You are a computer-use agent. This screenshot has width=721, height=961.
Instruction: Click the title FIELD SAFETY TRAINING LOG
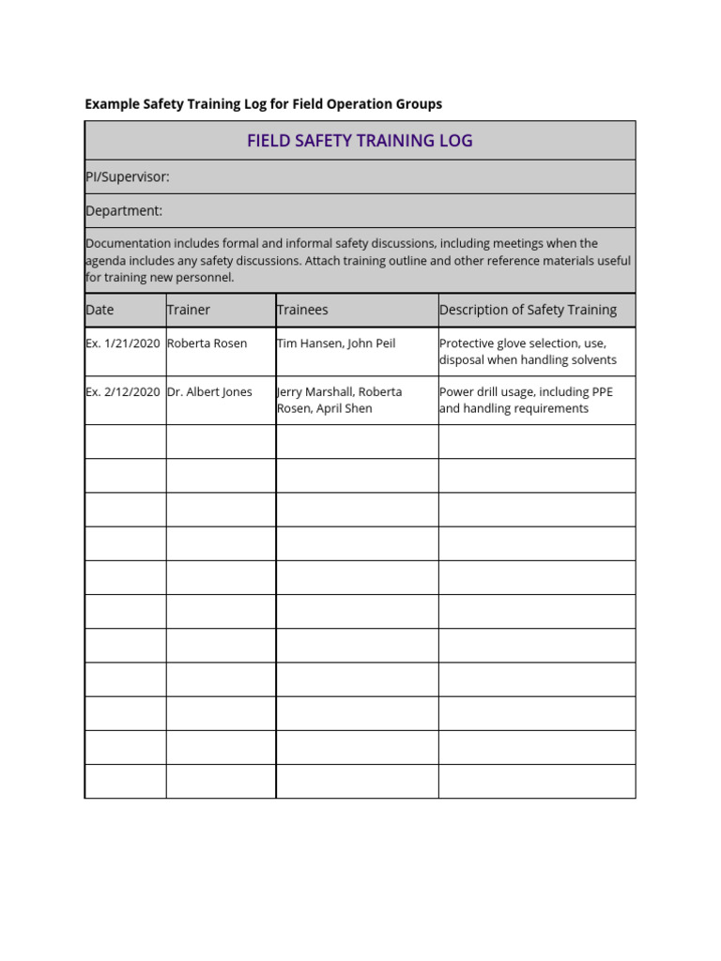[360, 141]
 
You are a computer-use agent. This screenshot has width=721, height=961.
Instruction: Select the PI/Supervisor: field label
[128, 176]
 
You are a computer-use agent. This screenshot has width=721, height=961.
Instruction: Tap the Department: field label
[124, 210]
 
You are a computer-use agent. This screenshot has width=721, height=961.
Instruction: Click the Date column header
[100, 310]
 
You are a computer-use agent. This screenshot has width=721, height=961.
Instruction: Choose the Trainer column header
[189, 310]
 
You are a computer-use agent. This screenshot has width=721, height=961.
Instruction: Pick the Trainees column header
[302, 310]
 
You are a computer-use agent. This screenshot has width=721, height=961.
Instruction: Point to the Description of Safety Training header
[528, 310]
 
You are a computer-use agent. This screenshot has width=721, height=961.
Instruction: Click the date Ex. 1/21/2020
[123, 343]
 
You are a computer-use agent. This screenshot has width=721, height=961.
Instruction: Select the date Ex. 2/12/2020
[123, 392]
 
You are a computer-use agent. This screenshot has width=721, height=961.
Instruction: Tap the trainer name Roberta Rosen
[207, 343]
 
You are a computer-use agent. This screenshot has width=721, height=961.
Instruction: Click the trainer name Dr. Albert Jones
[209, 392]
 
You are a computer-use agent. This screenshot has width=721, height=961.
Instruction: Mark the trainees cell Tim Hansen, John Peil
[336, 343]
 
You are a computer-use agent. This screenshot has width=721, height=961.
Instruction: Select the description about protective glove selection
[528, 352]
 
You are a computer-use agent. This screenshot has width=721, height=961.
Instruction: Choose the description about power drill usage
[526, 401]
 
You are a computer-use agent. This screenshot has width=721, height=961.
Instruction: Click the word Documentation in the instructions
[128, 244]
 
